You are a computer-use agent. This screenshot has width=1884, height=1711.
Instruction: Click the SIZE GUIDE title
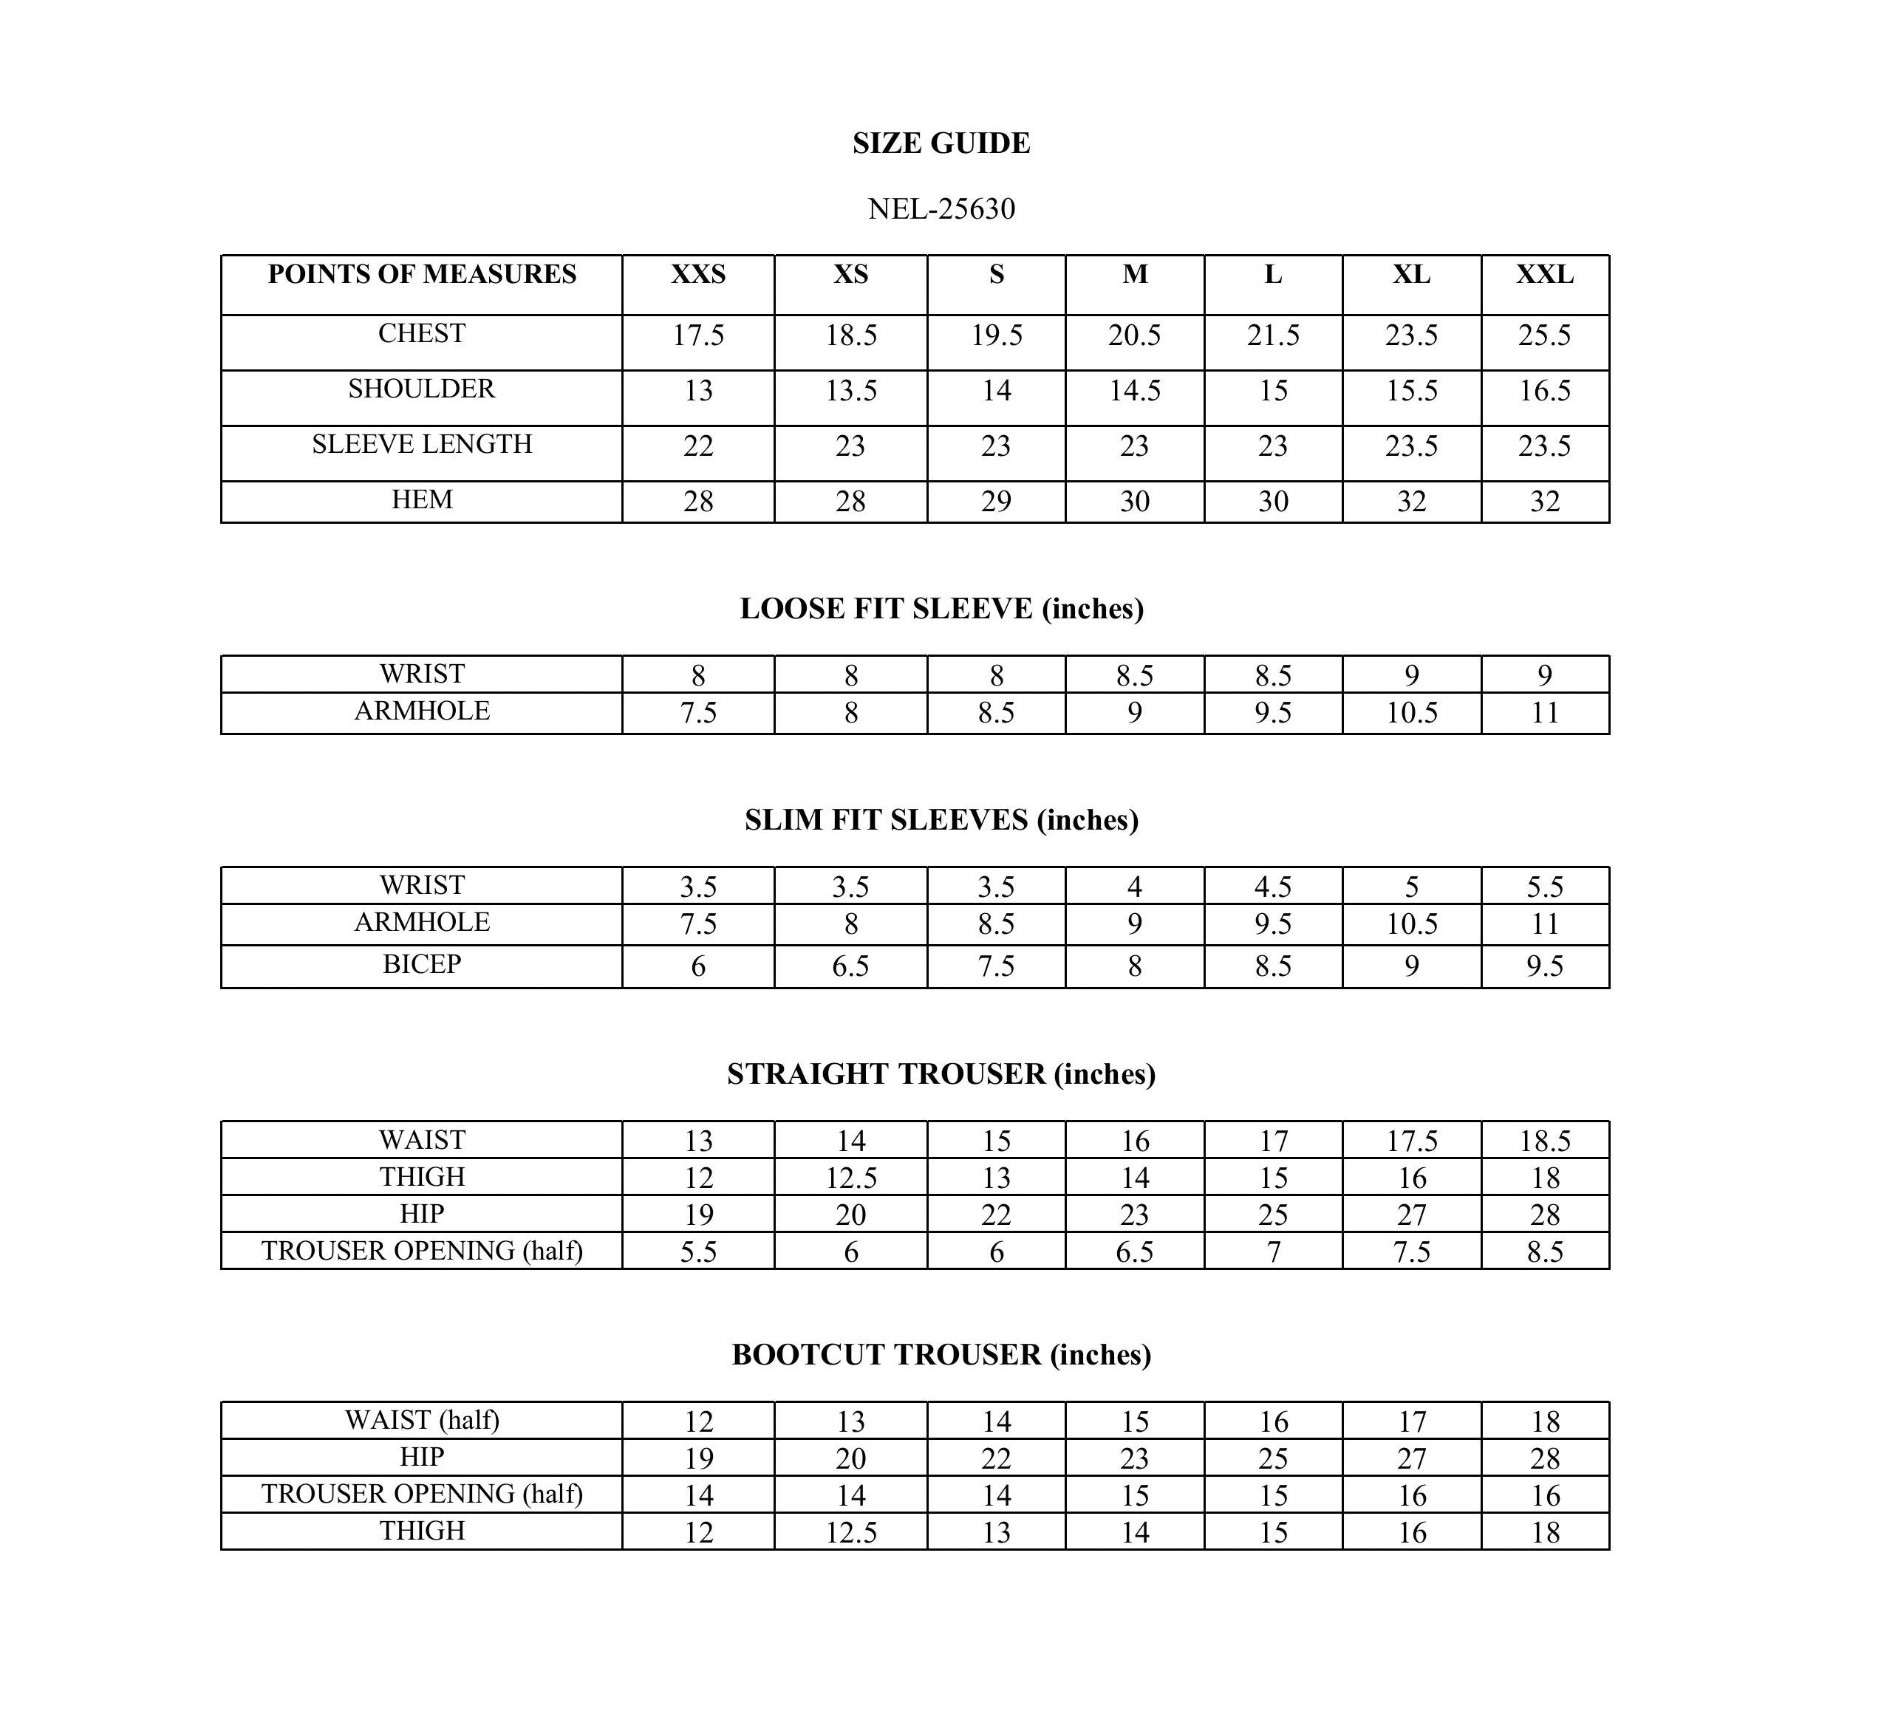[x=941, y=143]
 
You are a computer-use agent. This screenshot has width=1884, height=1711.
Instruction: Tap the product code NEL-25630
[x=941, y=208]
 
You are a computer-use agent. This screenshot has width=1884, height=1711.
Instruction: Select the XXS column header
[x=698, y=275]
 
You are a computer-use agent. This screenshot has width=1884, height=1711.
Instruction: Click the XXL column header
[x=1545, y=275]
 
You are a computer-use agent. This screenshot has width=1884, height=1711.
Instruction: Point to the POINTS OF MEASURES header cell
[x=421, y=275]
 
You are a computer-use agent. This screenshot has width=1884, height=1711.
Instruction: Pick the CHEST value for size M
[x=1135, y=335]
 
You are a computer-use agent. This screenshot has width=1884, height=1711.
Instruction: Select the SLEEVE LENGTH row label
[x=421, y=445]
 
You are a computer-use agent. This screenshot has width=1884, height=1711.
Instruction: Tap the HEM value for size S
[x=996, y=502]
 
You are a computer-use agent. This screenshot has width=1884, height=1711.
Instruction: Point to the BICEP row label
[x=421, y=964]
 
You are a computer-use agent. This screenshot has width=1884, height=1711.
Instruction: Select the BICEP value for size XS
[x=850, y=966]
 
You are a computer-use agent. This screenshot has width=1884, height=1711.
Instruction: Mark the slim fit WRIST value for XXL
[x=1545, y=887]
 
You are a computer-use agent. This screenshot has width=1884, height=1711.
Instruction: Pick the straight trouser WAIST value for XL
[x=1411, y=1141]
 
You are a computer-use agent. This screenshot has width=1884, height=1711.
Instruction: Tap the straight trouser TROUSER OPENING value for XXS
[x=698, y=1252]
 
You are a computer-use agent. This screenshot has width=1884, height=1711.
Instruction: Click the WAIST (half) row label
[x=421, y=1421]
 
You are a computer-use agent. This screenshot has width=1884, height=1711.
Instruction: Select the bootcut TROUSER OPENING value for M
[x=1135, y=1496]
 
